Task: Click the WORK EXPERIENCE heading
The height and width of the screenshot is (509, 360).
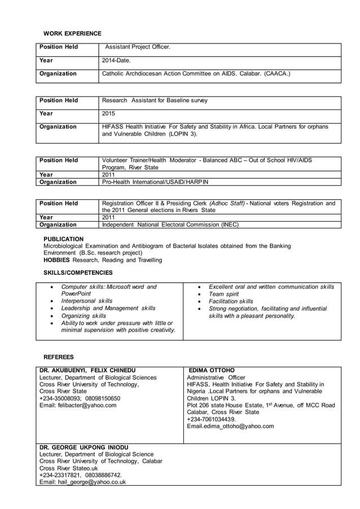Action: (x=72, y=34)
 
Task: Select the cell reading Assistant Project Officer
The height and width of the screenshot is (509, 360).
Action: (x=137, y=47)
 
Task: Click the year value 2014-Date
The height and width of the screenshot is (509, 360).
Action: (x=116, y=60)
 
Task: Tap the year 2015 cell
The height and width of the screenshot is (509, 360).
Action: (x=108, y=113)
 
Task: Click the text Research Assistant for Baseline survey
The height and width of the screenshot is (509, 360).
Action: (x=155, y=100)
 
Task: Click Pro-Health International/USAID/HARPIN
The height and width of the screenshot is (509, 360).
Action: (x=155, y=182)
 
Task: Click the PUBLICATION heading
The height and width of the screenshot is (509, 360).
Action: (x=63, y=239)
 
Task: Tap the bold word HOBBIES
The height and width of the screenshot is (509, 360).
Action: (x=56, y=260)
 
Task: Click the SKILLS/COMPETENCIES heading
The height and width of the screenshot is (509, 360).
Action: (x=78, y=273)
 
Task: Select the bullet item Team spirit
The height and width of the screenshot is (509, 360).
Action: (x=223, y=294)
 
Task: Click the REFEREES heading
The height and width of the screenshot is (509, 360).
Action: (x=59, y=357)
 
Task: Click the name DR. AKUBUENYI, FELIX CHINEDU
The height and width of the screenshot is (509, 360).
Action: (x=87, y=370)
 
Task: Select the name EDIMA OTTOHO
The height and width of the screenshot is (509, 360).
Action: (x=212, y=370)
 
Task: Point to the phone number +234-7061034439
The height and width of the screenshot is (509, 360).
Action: (x=211, y=419)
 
